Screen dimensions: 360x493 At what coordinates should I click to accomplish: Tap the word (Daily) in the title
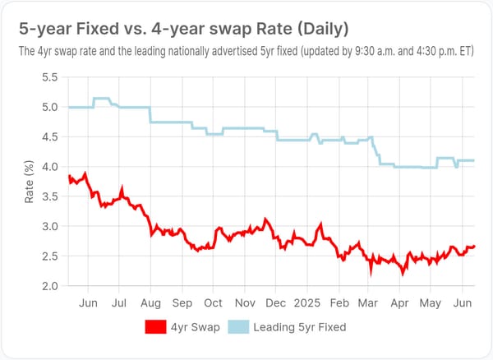[x=319, y=29]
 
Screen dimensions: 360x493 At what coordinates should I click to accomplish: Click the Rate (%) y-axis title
[x=30, y=182]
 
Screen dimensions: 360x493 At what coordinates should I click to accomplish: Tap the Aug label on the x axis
[x=151, y=302]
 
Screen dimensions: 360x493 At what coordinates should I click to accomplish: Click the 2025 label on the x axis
[x=308, y=302]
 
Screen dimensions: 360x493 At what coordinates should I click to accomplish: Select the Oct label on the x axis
[x=214, y=302]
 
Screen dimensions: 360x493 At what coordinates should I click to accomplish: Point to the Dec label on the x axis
[x=276, y=302]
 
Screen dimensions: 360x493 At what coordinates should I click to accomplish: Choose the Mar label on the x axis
[x=368, y=302]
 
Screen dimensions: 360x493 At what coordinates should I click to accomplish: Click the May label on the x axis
[x=431, y=302]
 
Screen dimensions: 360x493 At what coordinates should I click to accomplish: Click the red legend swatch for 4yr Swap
[x=162, y=326]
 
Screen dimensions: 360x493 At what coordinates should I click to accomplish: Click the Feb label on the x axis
[x=339, y=302]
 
